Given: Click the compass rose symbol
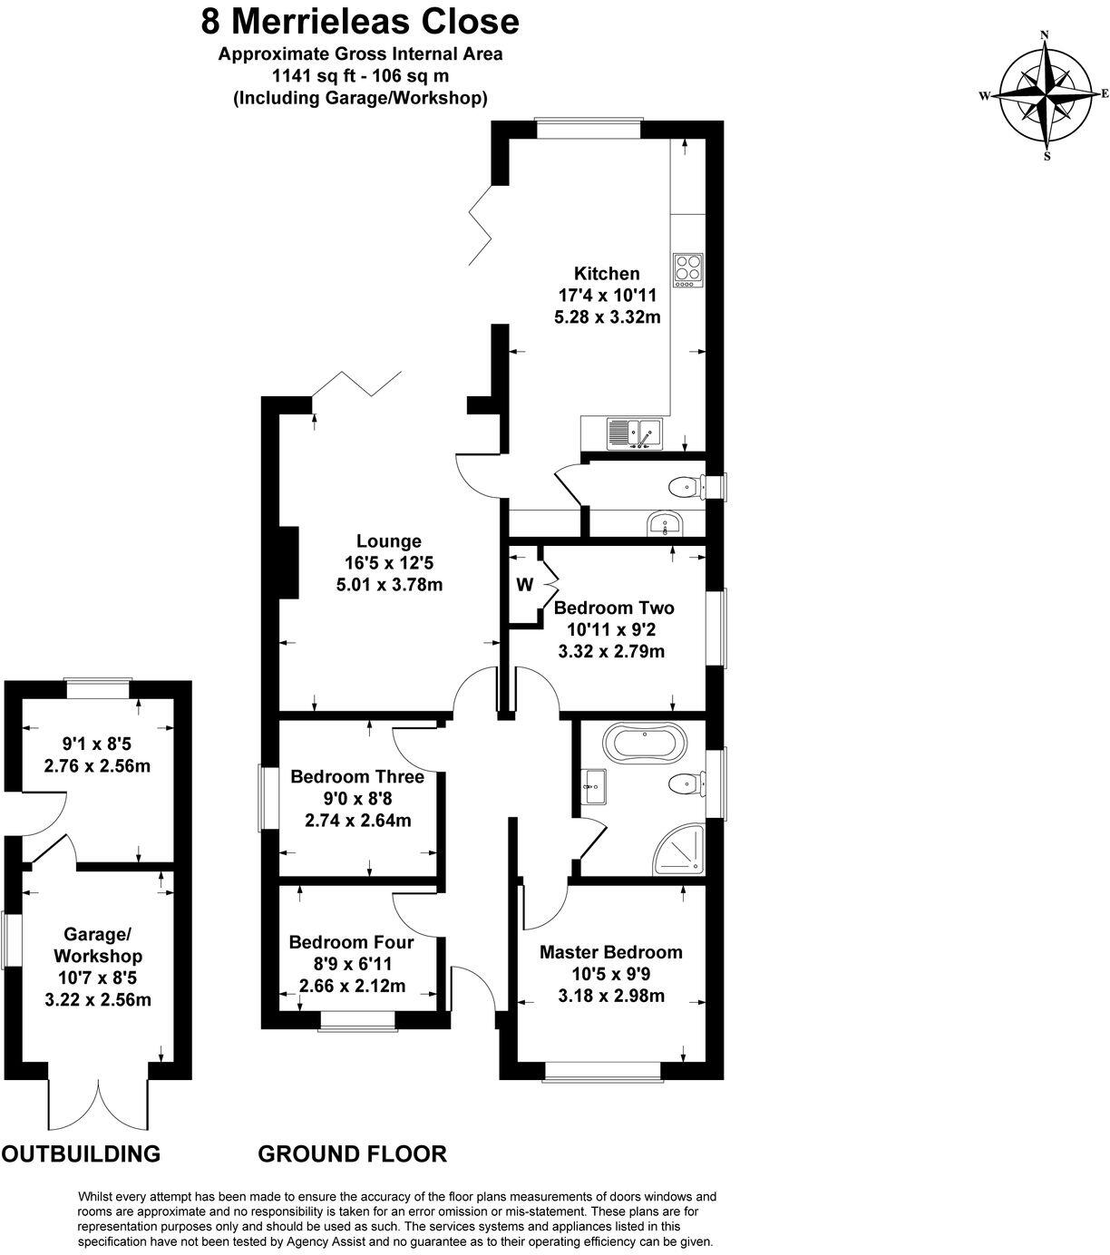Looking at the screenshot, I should pos(1045,94).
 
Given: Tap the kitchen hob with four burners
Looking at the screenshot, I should pos(687,269).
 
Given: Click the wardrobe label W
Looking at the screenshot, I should pos(524,585).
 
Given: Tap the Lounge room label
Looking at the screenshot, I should pos(388,541).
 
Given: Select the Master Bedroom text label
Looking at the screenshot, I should pos(610,952).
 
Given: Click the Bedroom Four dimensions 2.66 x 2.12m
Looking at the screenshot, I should pos(353,987).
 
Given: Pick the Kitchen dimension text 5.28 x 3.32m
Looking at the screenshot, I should pos(607,317).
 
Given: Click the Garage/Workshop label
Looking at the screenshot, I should pos(98,945).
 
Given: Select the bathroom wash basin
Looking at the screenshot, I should pos(593,785).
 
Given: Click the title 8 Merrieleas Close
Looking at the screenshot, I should pos(360,20).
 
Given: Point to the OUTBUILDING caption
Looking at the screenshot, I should pos(81,1153).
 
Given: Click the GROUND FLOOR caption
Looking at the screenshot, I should pos(352,1153).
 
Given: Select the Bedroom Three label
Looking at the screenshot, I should pos(357,777).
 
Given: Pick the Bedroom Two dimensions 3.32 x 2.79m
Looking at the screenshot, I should pos(616,651).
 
